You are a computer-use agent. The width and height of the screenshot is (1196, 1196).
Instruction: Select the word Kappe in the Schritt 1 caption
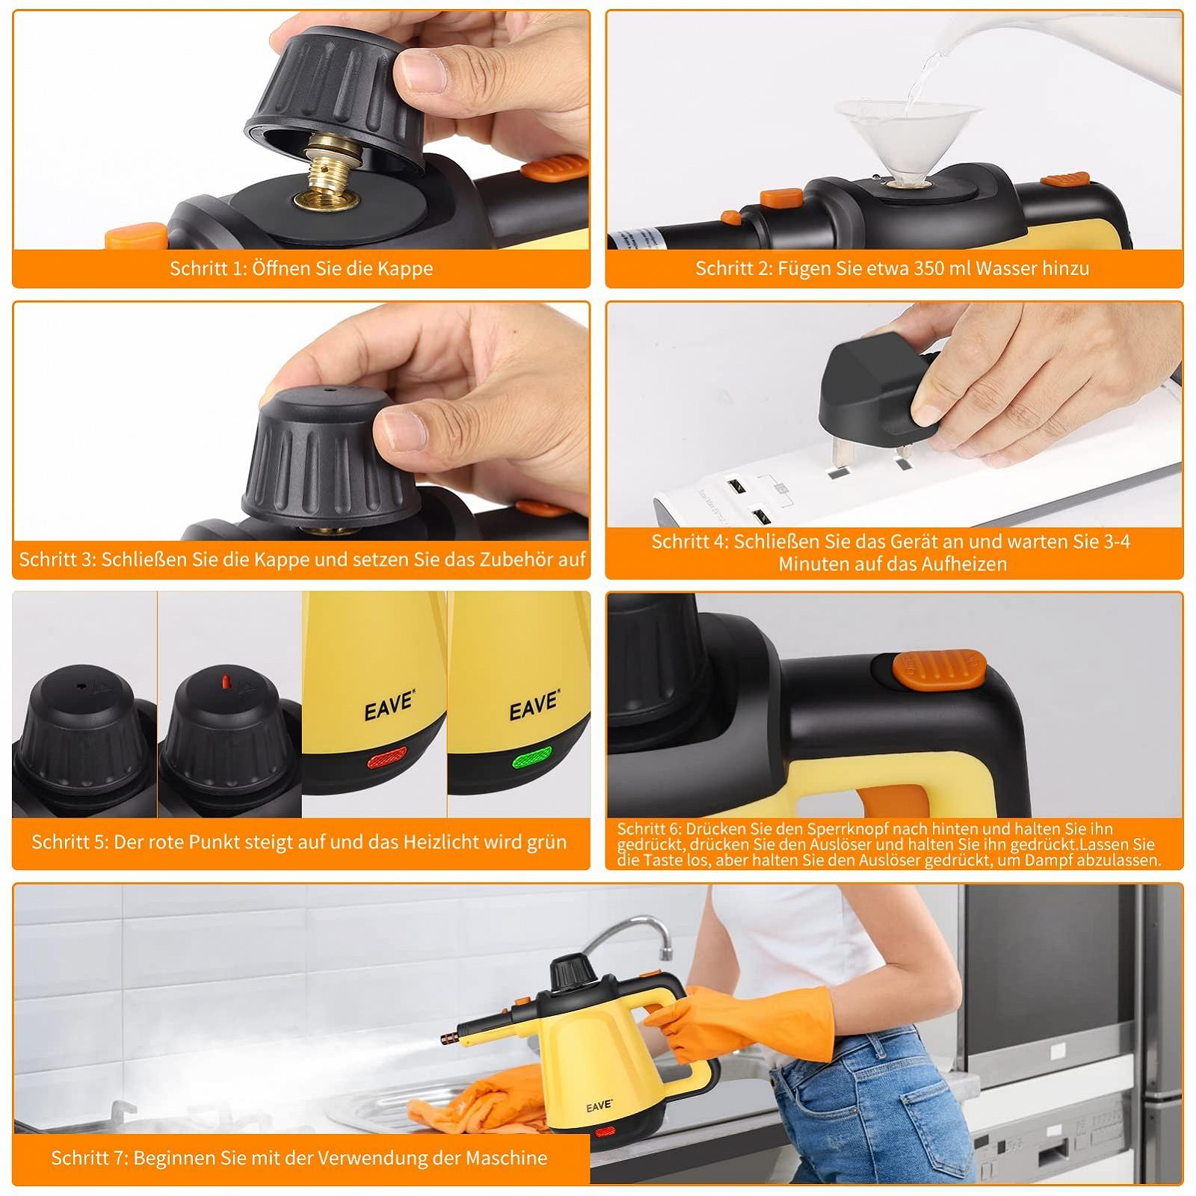pos(405,268)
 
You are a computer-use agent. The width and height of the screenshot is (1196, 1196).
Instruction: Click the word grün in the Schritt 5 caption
pos(547,842)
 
